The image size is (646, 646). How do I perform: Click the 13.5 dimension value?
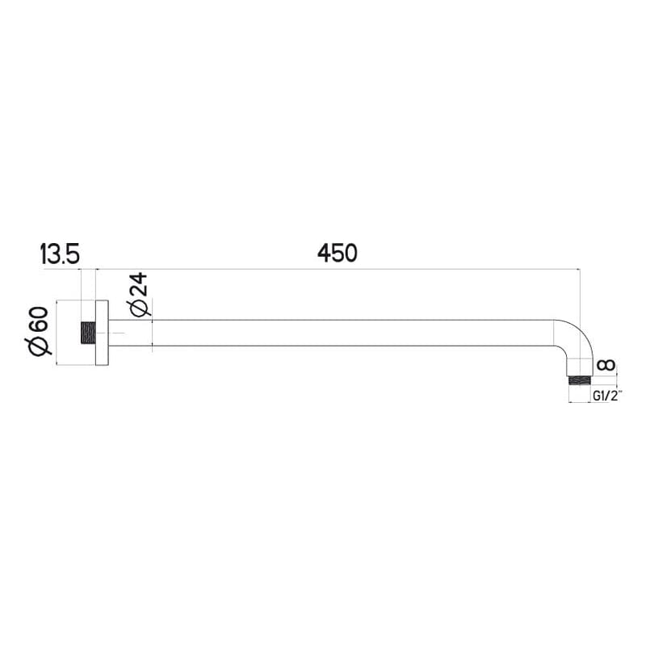click(59, 254)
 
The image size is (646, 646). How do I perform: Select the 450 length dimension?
click(337, 253)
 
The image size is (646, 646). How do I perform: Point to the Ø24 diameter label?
click(139, 296)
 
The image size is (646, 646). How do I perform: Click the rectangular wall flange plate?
click(101, 333)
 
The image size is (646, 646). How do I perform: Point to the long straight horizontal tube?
click(339, 333)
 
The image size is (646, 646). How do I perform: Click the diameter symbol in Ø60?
click(40, 347)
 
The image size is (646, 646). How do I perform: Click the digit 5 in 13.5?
click(73, 254)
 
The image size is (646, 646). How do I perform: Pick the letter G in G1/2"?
click(596, 396)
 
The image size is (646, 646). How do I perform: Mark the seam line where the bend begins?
click(554, 333)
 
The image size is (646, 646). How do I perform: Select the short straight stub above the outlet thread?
click(579, 368)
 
